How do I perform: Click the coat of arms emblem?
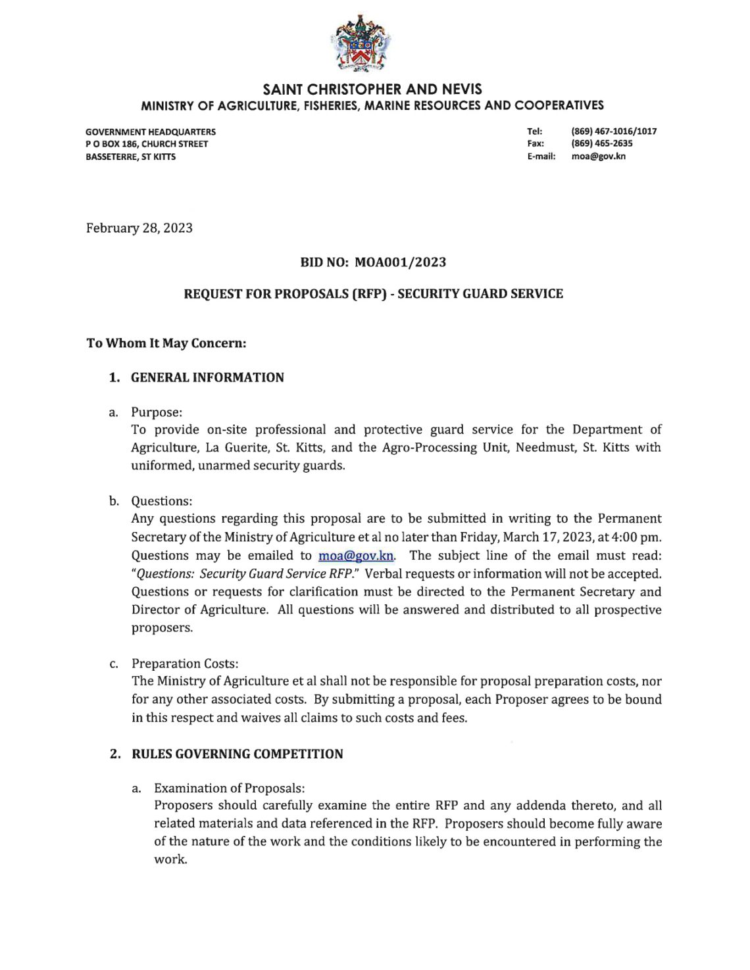361,44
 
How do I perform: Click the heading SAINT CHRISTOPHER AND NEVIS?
372,89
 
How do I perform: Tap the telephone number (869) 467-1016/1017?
614,131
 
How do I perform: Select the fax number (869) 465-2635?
602,143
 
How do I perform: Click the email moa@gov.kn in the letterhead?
598,157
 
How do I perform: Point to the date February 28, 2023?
139,228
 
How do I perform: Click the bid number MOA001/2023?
400,262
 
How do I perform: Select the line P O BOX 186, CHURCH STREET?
147,144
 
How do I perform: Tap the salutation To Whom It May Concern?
166,343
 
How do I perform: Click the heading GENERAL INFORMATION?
207,377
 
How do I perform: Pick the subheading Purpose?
157,412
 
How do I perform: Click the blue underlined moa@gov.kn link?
356,556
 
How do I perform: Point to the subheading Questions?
162,501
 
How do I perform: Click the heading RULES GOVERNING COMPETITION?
237,754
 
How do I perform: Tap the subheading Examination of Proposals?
230,788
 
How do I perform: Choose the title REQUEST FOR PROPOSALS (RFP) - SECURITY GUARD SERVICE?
373,294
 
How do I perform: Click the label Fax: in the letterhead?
536,143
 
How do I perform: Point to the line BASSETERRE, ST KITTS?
131,157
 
